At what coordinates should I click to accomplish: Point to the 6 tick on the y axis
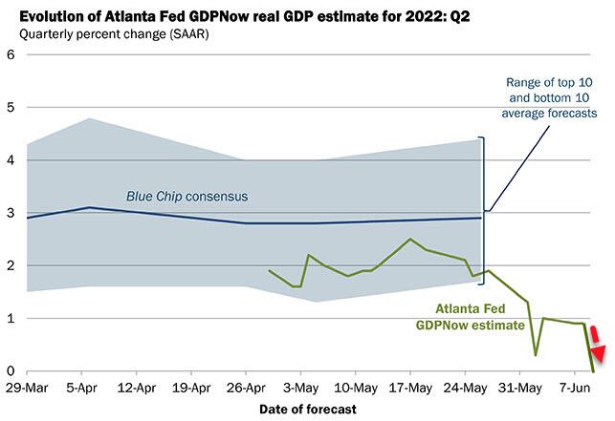pyautogui.click(x=11, y=54)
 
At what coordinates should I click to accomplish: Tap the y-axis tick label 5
pyautogui.click(x=11, y=107)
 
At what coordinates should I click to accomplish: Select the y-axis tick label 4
pyautogui.click(x=11, y=160)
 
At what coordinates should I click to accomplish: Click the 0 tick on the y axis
pyautogui.click(x=11, y=371)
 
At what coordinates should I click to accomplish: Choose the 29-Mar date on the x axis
pyautogui.click(x=27, y=389)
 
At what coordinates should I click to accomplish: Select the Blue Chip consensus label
pyautogui.click(x=187, y=197)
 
